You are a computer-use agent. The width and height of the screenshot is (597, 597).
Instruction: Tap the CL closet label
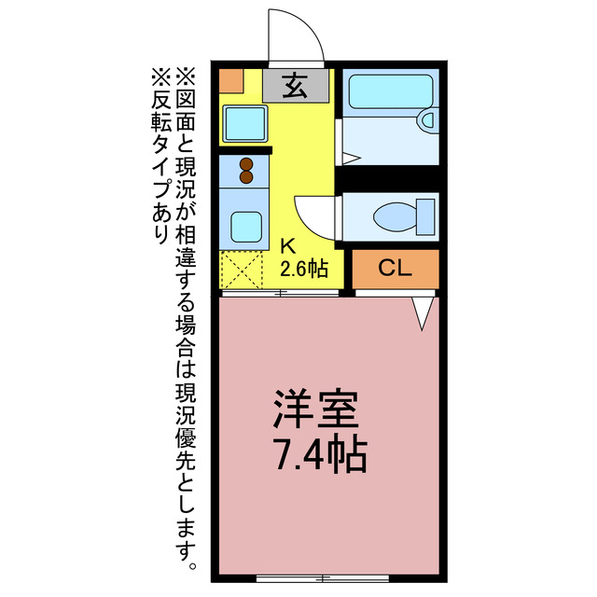(395, 269)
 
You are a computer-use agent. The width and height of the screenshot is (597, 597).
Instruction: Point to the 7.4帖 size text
(318, 456)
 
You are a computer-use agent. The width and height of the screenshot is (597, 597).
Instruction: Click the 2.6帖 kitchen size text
(304, 270)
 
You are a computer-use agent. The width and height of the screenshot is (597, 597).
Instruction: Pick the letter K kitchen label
(289, 247)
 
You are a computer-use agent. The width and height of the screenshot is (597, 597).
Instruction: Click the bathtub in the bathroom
(384, 92)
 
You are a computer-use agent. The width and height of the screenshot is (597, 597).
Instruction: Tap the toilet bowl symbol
(399, 217)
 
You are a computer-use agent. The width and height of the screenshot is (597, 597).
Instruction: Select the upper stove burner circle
(247, 164)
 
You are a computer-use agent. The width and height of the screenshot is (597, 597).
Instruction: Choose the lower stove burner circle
(247, 177)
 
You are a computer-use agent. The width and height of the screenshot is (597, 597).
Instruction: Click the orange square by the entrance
(230, 80)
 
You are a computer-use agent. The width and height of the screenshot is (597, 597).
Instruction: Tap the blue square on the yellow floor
(244, 122)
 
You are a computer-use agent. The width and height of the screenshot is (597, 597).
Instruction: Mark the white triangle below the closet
(423, 313)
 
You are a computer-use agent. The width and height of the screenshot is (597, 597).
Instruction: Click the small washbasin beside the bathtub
(428, 119)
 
